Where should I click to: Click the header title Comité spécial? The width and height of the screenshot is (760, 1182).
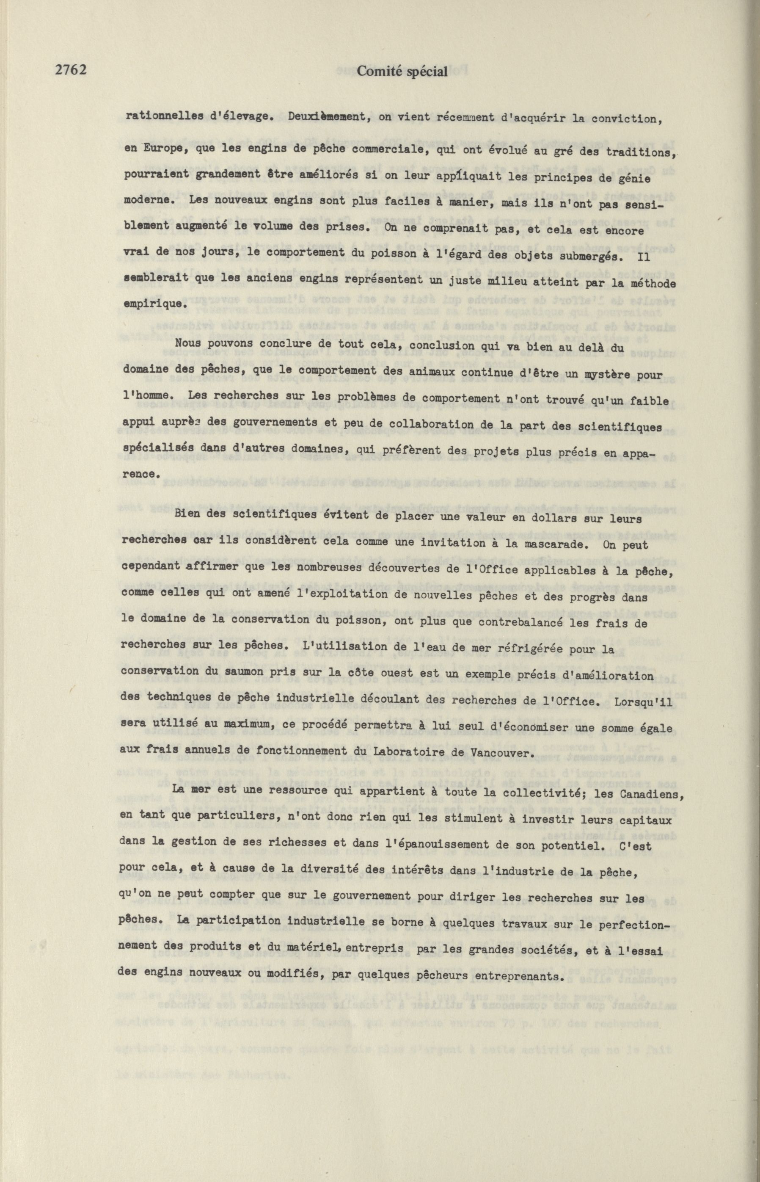coord(402,72)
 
